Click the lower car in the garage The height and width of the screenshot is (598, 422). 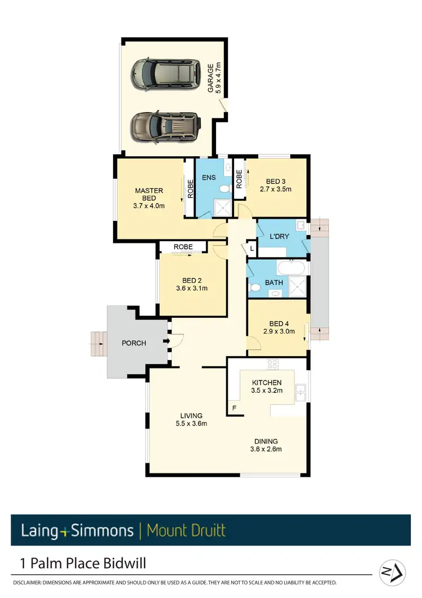165,127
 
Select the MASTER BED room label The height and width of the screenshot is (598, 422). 149,194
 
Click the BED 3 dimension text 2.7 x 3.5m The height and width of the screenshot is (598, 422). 276,189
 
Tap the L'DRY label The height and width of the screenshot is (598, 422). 280,236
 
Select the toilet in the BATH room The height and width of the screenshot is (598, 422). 255,287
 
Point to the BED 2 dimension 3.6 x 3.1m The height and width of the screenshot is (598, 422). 192,289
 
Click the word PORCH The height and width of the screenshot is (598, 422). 134,343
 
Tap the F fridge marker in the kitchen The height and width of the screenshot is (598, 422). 234,407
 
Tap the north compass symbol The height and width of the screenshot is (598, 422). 392,572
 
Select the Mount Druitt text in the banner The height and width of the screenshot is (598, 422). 186,530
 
